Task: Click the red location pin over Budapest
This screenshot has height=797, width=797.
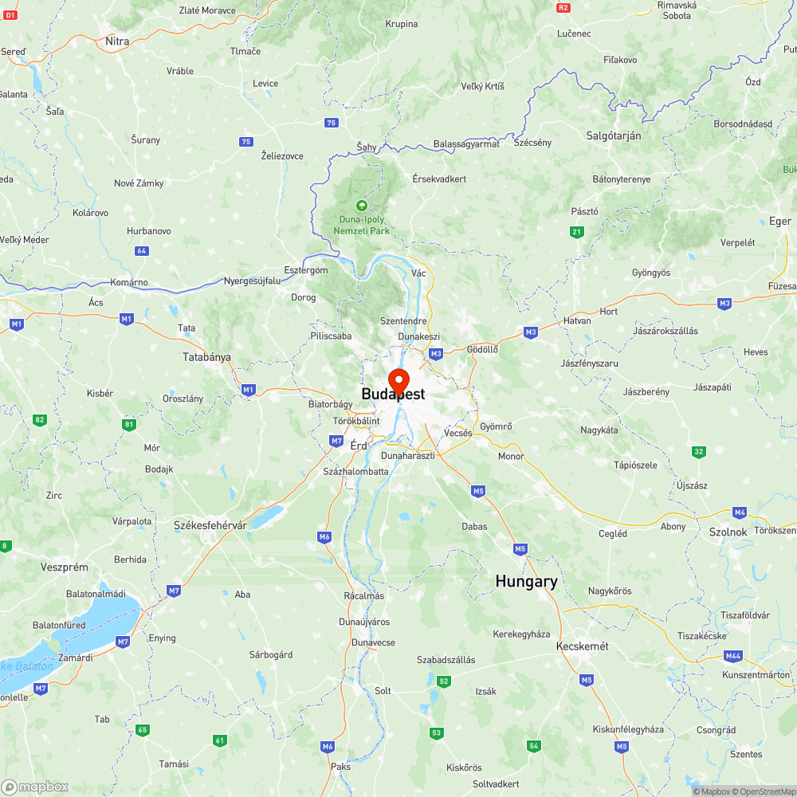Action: coord(398,379)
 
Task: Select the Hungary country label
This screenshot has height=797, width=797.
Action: coord(526,582)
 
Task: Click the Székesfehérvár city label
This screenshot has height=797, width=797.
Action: coord(210,525)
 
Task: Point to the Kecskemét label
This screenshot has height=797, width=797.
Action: coord(583,646)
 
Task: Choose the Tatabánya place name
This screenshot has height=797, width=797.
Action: coord(206,357)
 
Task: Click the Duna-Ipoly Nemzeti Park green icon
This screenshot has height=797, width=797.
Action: coord(362,205)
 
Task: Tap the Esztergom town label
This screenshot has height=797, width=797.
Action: coord(307,270)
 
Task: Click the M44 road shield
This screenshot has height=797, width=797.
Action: coord(734,655)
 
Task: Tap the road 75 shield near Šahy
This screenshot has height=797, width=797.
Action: coord(332,123)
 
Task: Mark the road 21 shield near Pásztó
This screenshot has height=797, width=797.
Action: coord(576,232)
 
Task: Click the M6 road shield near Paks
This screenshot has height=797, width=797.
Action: coord(328,747)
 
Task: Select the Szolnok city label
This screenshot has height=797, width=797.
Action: coord(728,532)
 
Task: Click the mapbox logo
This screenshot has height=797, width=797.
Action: coord(34,787)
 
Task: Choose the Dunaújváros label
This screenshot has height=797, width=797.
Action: coord(364,621)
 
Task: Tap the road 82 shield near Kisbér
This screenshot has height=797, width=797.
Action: coord(40,419)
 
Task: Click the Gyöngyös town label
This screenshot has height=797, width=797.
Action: coord(651,273)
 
